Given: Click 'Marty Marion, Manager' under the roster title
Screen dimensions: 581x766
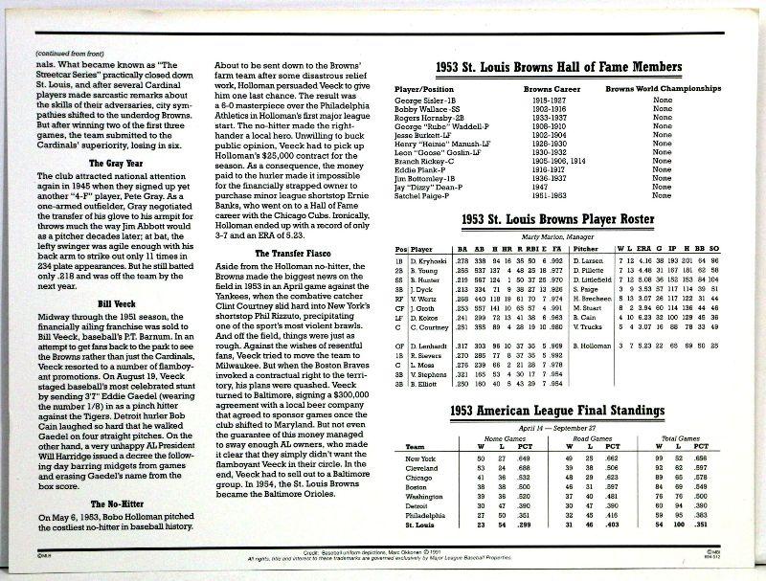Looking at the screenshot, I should [x=550, y=236].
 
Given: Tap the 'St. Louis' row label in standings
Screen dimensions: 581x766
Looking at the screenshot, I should [x=422, y=525].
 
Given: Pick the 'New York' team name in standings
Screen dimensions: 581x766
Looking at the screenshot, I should [x=422, y=458].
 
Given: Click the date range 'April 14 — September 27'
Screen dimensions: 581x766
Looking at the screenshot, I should [x=550, y=428].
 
